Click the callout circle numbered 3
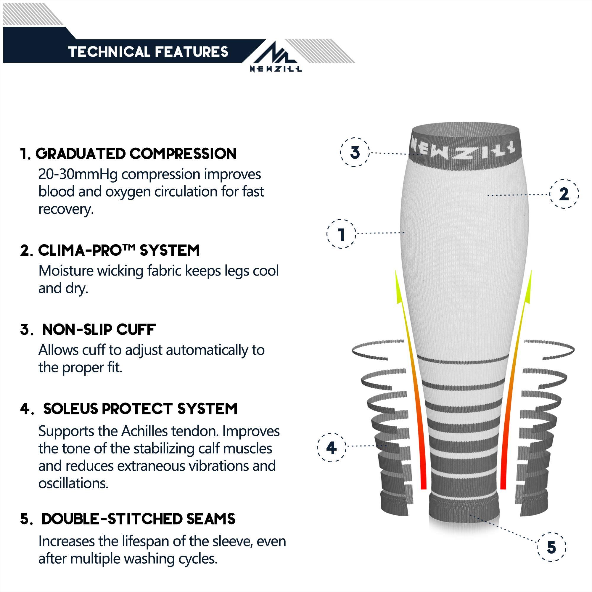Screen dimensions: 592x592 pos(355,152)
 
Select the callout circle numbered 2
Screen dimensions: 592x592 pos(564,194)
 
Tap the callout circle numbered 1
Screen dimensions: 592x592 pos(341,234)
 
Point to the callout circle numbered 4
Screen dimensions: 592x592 pos(331,448)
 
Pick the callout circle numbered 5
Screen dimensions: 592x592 pos(551,547)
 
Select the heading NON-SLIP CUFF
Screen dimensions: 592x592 pos(99,330)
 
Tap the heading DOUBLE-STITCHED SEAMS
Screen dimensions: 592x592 pos(138,519)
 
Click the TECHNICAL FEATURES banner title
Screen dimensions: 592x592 pos(148,52)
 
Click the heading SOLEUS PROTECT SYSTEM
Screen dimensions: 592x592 pos(140,409)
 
